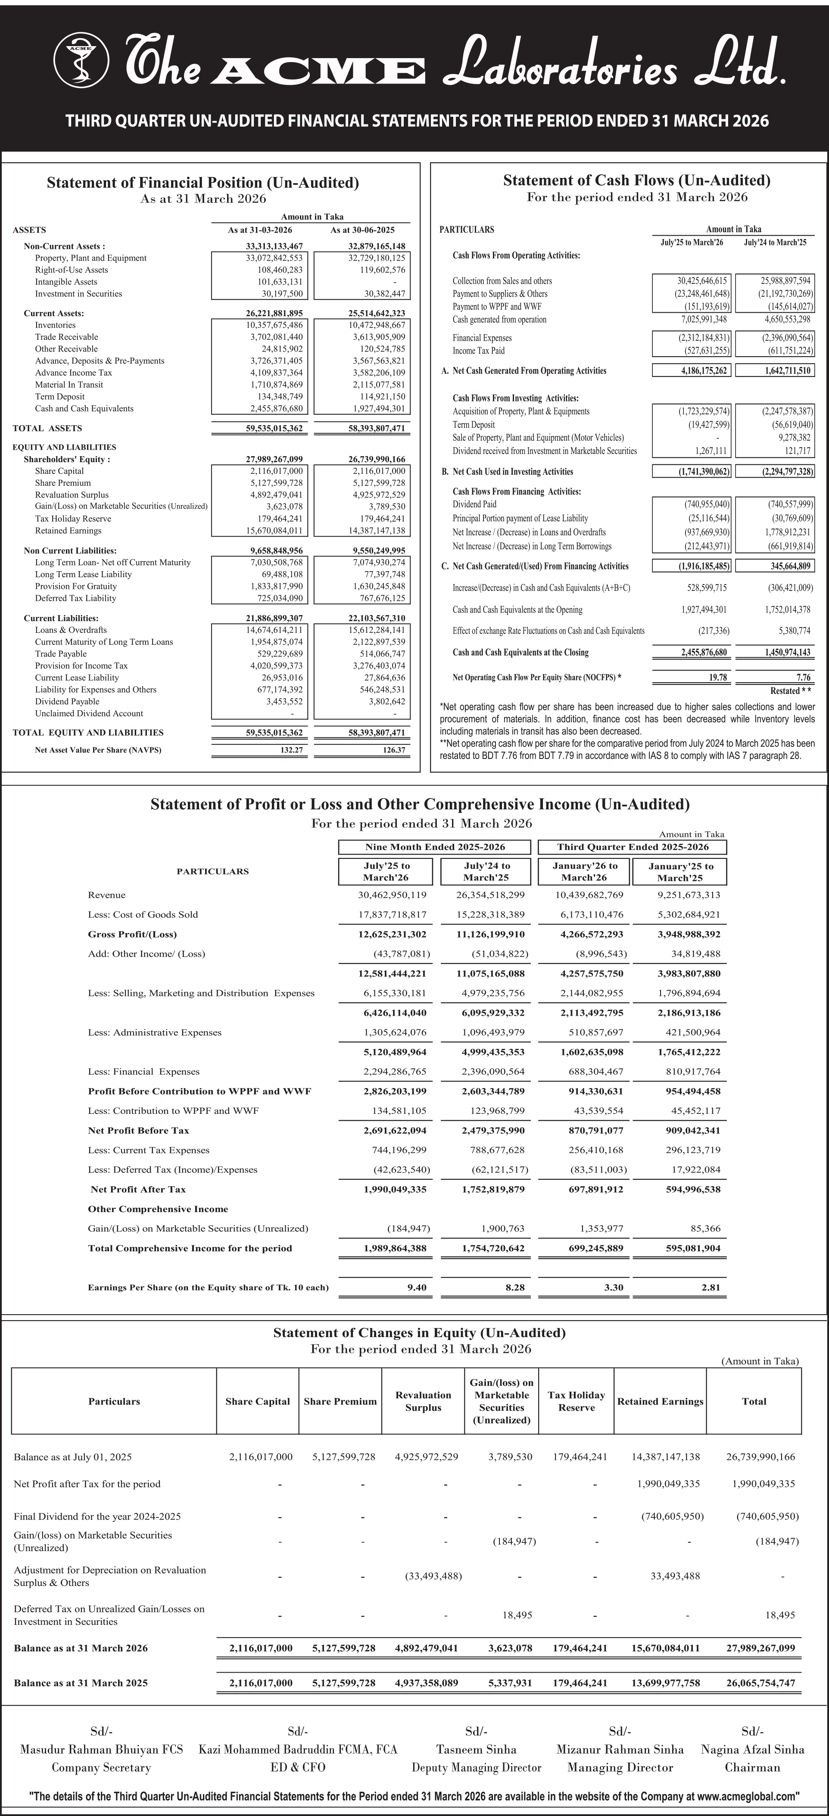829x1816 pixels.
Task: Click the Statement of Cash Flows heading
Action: pyautogui.click(x=636, y=180)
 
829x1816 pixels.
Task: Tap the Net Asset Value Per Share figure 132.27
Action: pyautogui.click(x=291, y=750)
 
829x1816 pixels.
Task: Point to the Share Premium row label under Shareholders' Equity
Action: pyautogui.click(x=63, y=483)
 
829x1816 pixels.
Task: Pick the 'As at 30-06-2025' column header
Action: pyautogui.click(x=362, y=230)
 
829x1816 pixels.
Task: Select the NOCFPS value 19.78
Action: pyautogui.click(x=718, y=678)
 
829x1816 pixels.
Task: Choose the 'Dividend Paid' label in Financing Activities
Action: pyautogui.click(x=474, y=504)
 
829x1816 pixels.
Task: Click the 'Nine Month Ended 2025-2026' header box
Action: pyautogui.click(x=435, y=847)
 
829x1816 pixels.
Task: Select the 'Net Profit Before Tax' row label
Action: pyautogui.click(x=138, y=1130)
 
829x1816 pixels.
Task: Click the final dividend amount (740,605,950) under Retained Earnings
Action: pyautogui.click(x=672, y=1516)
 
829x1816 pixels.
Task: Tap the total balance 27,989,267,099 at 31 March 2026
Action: pyautogui.click(x=760, y=1648)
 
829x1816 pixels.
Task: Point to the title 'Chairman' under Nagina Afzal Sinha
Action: pyautogui.click(x=752, y=1767)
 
